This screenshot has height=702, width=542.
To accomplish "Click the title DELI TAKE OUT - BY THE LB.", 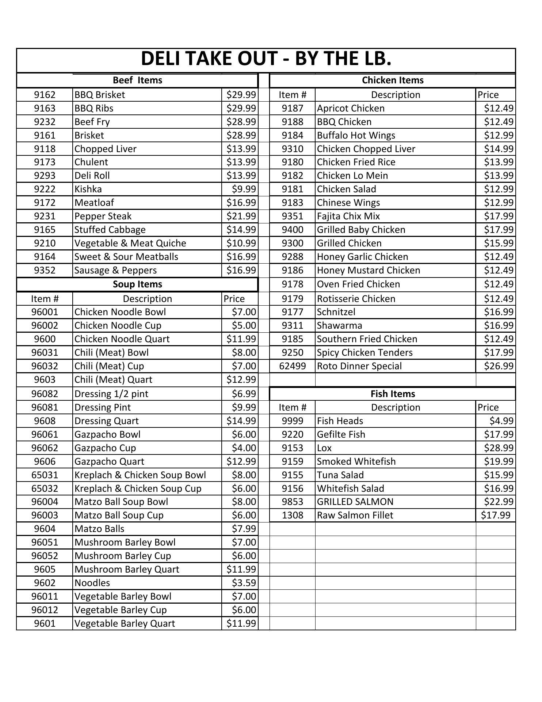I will [266, 58].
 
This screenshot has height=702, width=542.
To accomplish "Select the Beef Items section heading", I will [137, 80].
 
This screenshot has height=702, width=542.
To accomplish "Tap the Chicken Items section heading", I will [393, 80].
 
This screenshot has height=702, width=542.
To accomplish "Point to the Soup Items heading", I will [137, 284].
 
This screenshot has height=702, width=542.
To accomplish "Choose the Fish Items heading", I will [393, 394].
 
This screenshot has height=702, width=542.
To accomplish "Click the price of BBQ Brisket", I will [241, 95].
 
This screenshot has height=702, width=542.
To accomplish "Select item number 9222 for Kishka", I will [45, 189].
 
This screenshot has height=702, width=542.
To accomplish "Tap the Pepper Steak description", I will [103, 216].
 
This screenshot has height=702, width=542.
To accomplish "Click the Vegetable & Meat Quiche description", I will [130, 244].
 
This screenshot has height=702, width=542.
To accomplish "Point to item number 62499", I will [292, 366].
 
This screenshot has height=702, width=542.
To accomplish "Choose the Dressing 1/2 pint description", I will [111, 394].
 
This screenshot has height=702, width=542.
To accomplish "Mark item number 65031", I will [45, 475].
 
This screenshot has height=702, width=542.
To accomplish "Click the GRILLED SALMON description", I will [355, 502].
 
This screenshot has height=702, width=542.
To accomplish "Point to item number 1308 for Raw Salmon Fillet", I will [292, 516].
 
